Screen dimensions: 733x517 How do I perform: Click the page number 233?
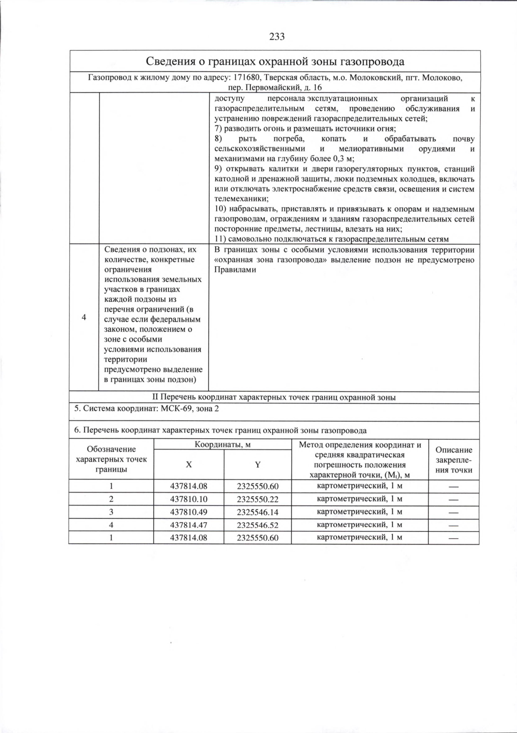[x=277, y=37]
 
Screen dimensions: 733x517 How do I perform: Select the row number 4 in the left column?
[x=84, y=317]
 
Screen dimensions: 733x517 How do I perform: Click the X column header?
[x=189, y=465]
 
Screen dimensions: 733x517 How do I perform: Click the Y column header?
[x=258, y=465]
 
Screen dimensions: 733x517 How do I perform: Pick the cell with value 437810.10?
[x=189, y=499]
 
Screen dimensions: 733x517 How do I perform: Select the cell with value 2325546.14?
[x=258, y=512]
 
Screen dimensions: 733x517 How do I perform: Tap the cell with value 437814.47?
[x=189, y=525]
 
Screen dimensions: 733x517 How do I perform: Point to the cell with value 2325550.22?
[x=258, y=499]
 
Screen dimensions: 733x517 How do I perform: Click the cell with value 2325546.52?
[x=258, y=525]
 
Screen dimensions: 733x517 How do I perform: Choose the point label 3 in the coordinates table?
[x=111, y=512]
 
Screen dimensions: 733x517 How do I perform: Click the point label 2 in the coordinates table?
[x=111, y=499]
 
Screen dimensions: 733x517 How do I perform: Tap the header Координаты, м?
[x=222, y=444]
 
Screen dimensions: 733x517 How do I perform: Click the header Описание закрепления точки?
[x=453, y=460]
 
